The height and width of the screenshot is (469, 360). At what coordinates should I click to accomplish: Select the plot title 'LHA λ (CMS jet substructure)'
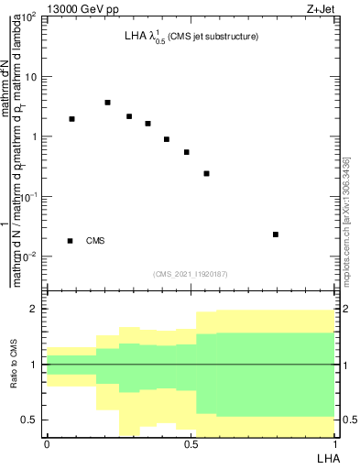pos(191,38)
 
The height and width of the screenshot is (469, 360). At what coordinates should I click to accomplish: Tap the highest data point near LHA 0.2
pos(107,103)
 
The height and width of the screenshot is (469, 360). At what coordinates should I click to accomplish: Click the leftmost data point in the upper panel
pos(71,119)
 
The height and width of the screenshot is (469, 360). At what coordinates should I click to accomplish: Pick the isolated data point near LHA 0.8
pos(276,234)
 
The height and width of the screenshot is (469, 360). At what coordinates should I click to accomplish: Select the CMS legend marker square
pos(71,241)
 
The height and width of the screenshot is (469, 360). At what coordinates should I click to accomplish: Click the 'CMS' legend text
pos(95,241)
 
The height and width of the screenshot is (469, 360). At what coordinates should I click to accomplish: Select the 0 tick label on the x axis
pos(46,442)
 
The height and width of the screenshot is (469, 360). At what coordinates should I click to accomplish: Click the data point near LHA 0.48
pos(186,152)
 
